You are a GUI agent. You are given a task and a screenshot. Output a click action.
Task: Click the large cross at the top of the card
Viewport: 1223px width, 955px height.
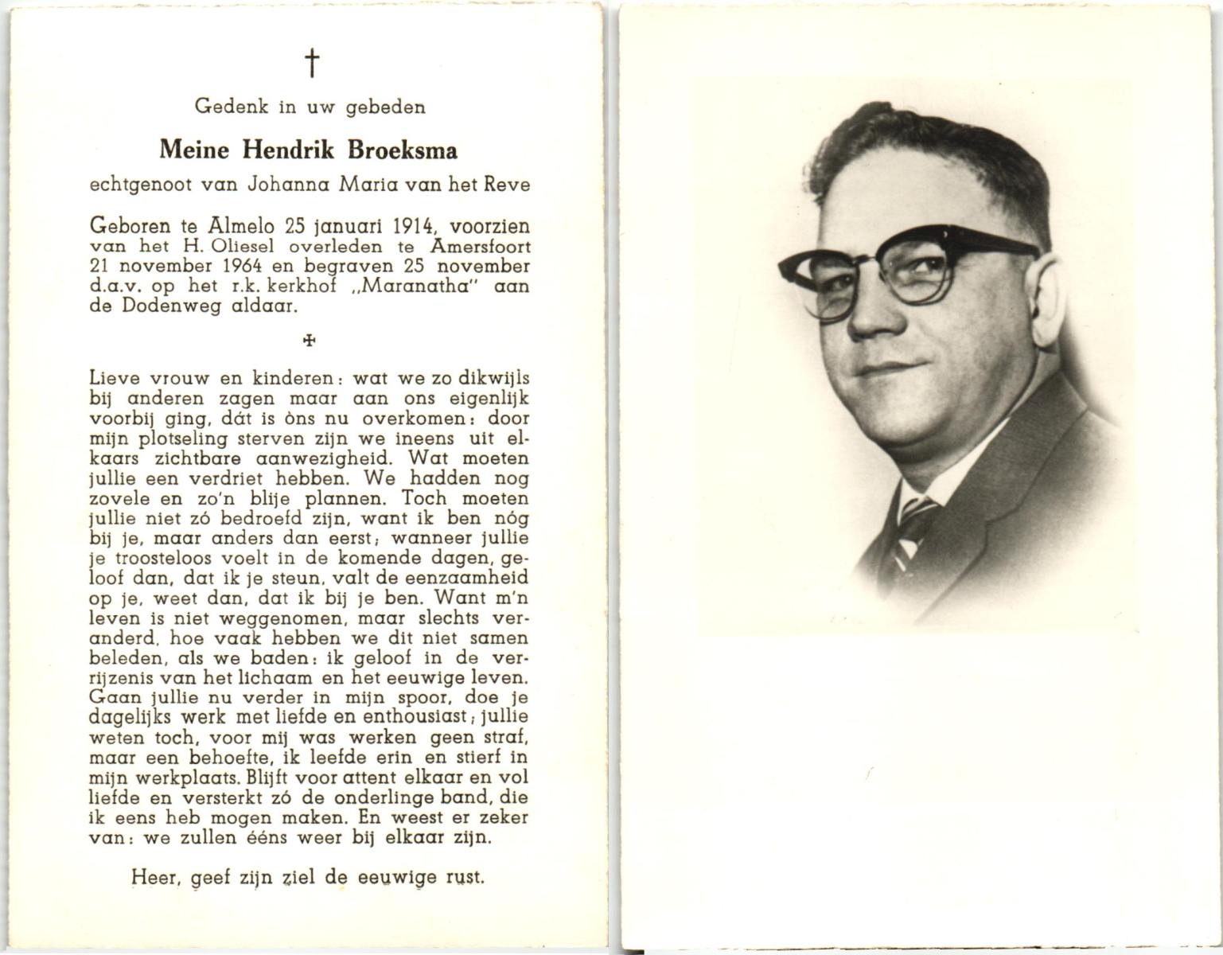click(312, 63)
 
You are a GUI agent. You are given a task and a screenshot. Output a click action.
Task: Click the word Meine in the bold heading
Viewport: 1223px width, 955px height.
click(194, 150)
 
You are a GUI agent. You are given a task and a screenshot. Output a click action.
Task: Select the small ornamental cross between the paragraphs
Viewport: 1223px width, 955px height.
click(310, 341)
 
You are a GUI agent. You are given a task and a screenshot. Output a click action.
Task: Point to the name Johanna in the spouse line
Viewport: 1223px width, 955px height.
click(290, 185)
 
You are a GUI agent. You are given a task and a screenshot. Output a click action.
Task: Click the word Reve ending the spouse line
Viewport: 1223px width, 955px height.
click(506, 185)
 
